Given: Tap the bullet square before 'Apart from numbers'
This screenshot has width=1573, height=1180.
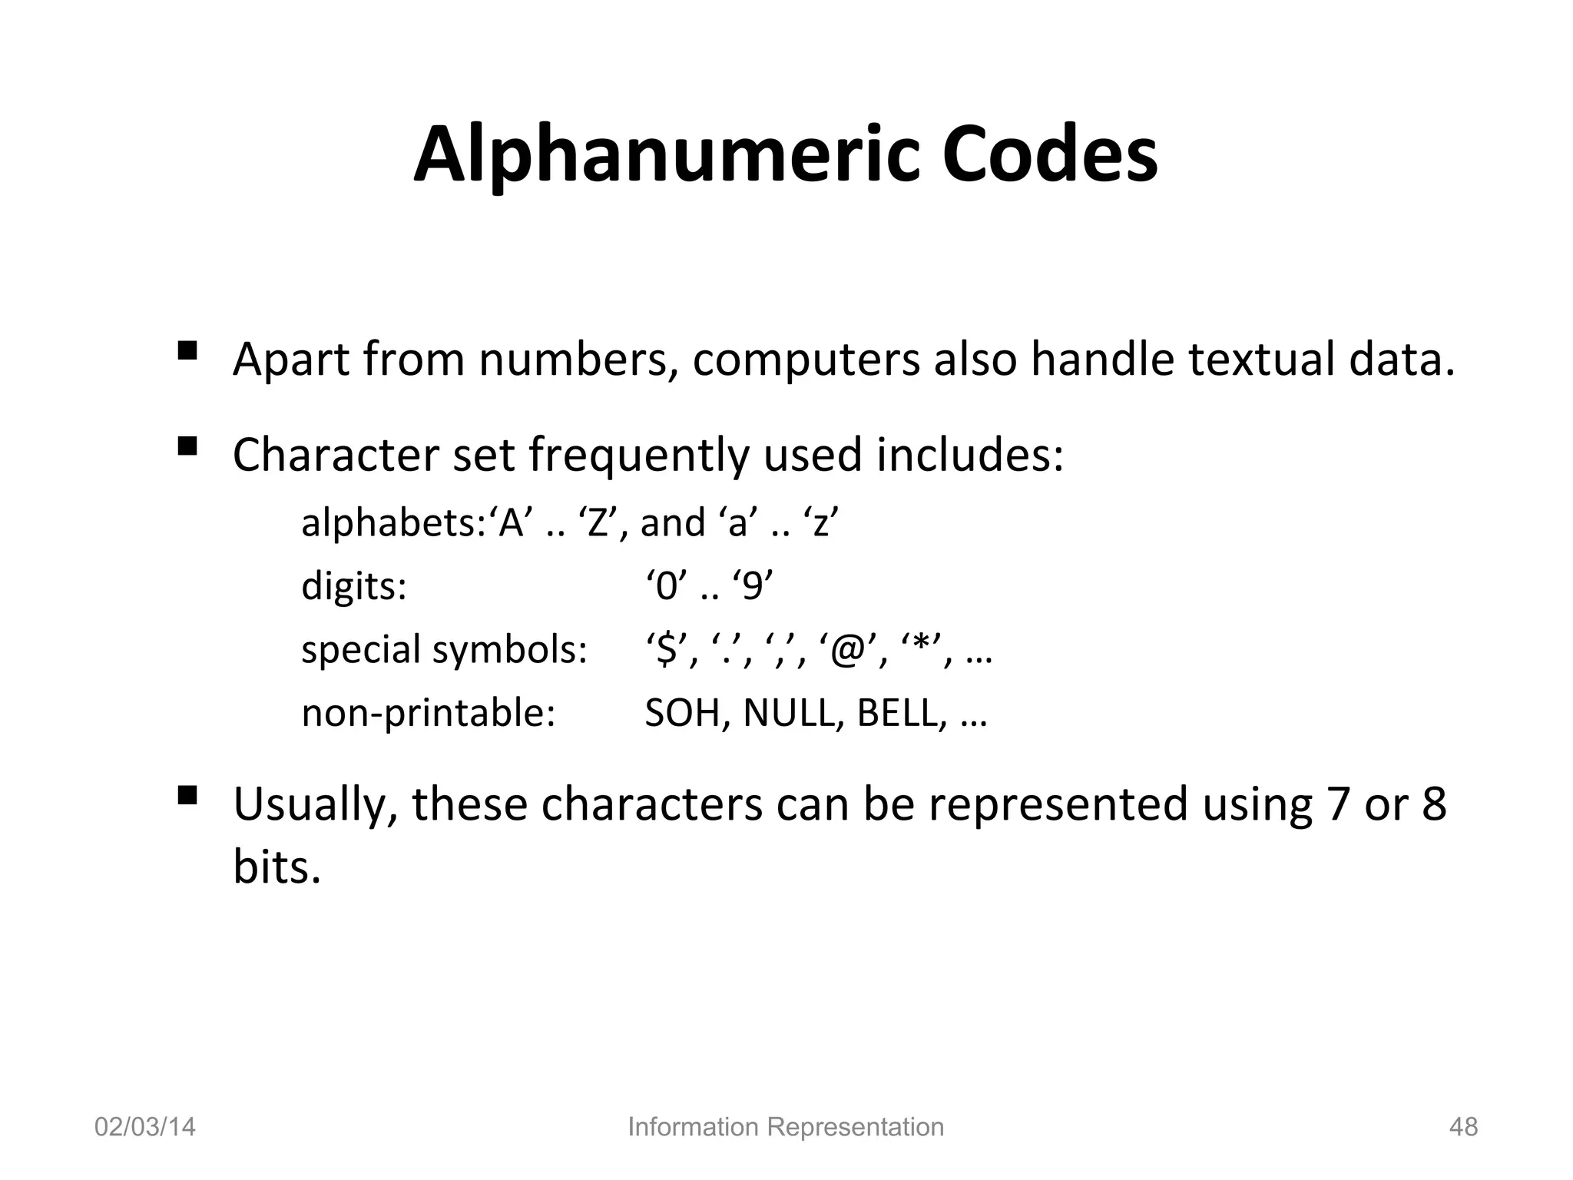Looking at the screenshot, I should [187, 351].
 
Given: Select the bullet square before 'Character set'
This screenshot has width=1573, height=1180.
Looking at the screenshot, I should [187, 446].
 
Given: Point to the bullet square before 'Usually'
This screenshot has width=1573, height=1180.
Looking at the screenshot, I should [187, 795].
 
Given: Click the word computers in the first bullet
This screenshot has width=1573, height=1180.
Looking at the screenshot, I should [806, 360].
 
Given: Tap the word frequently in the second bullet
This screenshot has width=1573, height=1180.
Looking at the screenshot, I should [637, 455].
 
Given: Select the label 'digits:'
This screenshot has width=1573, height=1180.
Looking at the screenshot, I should [353, 586].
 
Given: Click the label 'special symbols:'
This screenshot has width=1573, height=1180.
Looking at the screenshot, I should [444, 650].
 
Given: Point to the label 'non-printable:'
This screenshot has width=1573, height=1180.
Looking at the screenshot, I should [428, 713].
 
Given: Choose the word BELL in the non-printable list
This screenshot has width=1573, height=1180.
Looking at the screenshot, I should [897, 713].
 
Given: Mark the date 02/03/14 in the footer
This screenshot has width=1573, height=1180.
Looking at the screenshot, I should [144, 1127].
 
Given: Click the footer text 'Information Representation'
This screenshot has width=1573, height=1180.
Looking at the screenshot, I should [786, 1127].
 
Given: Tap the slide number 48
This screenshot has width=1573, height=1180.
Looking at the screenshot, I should [1462, 1127].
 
